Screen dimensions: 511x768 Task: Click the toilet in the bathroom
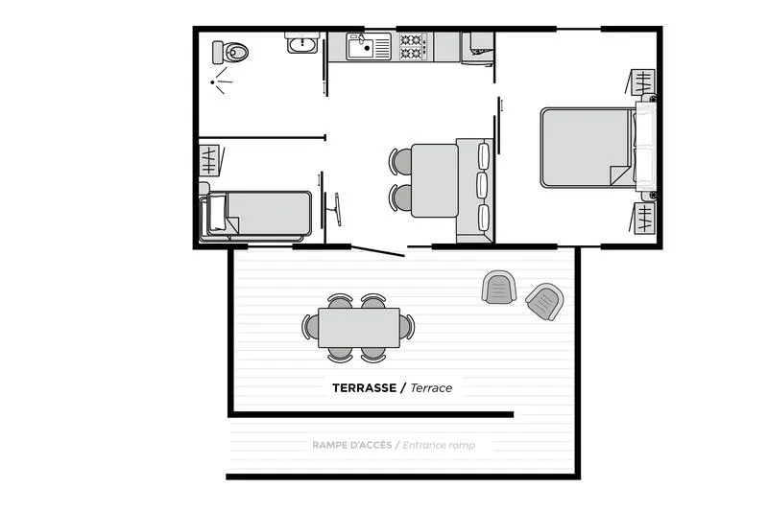click(x=230, y=51)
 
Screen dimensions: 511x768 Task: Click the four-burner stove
click(x=413, y=44)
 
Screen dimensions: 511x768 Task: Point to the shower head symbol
click(x=221, y=81)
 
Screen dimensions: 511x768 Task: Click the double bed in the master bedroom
click(x=586, y=148)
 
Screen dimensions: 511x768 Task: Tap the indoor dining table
click(x=433, y=179)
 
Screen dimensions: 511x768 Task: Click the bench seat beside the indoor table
click(x=475, y=188)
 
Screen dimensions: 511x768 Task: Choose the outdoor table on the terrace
click(x=359, y=327)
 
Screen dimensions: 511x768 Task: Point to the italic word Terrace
click(x=431, y=388)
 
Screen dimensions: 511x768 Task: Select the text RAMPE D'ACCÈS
click(x=351, y=445)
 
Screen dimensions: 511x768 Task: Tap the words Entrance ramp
click(x=438, y=445)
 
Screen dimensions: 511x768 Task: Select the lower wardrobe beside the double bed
click(x=642, y=218)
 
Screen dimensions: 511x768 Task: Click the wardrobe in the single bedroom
click(x=208, y=158)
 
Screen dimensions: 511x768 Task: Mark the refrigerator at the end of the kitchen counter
click(x=477, y=46)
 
